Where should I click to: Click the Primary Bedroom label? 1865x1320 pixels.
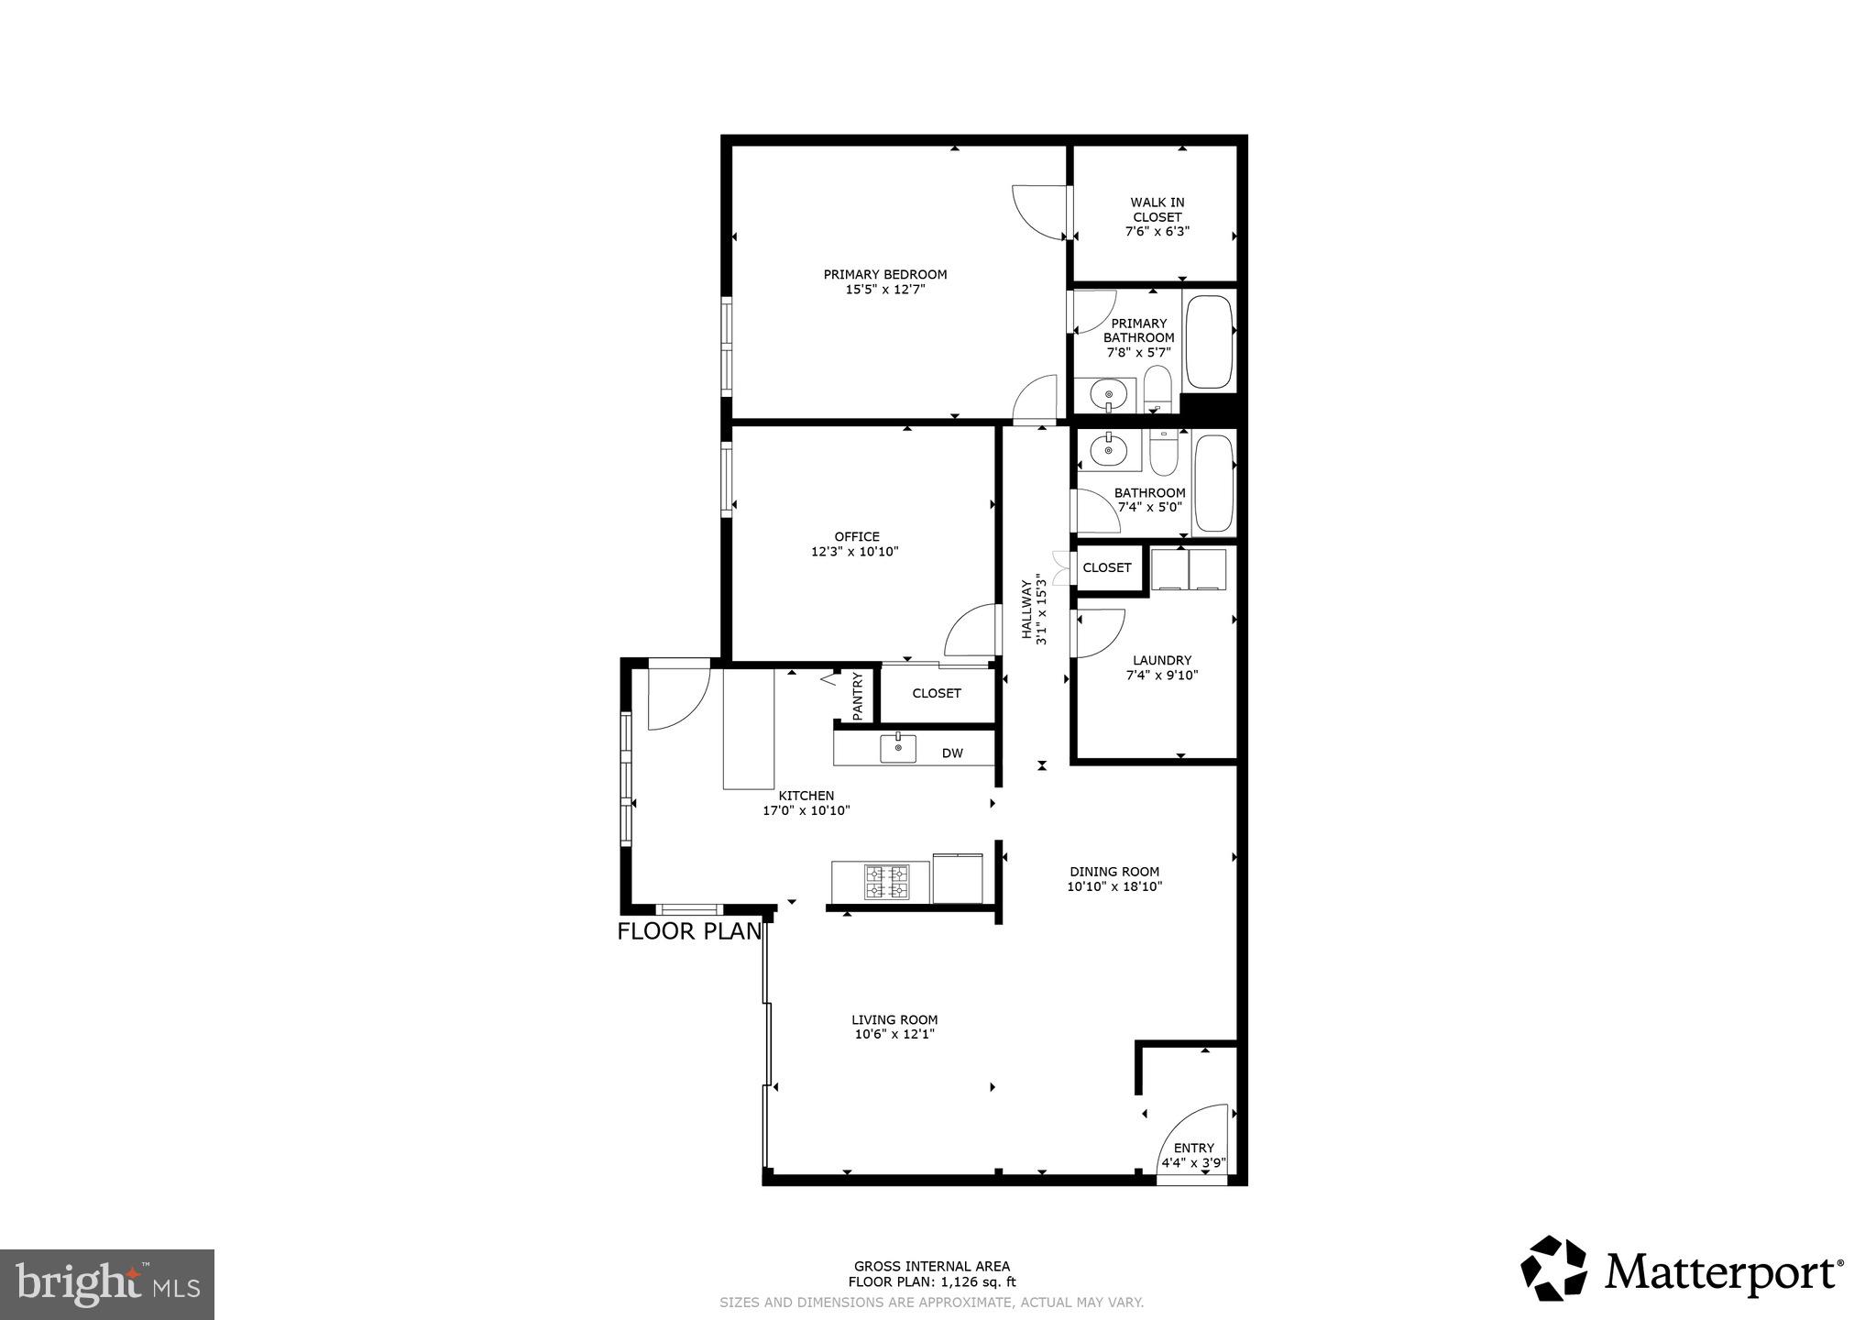click(884, 274)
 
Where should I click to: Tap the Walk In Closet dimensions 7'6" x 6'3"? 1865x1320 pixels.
click(1157, 232)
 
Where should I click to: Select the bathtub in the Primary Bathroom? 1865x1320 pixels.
click(1209, 342)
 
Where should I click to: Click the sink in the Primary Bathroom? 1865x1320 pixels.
click(1108, 396)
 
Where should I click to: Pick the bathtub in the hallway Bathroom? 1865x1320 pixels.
click(1214, 483)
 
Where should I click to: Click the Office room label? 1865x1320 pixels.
click(856, 537)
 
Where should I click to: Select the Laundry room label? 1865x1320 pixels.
click(1161, 660)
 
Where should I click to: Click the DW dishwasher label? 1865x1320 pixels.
click(952, 753)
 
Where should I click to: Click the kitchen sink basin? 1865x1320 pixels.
click(898, 748)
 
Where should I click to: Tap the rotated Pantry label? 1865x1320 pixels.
click(857, 696)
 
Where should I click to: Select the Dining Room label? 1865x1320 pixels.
click(1114, 872)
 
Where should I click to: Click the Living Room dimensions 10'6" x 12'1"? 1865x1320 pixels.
click(894, 1034)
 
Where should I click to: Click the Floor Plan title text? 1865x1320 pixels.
click(689, 931)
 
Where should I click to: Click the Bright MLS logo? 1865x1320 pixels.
click(107, 1283)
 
